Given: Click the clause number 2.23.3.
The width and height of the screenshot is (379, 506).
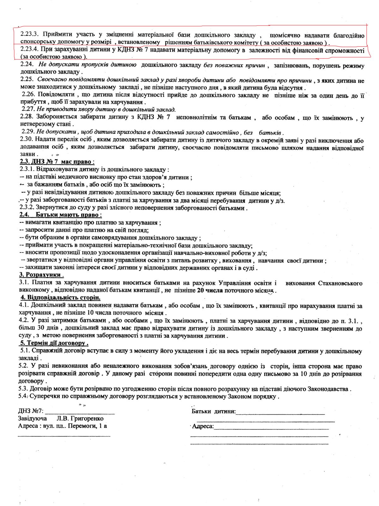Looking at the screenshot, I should pos(29,34).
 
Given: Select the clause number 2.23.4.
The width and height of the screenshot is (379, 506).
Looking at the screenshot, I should pos(29,50).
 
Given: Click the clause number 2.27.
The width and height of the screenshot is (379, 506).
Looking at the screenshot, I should pos(28,109).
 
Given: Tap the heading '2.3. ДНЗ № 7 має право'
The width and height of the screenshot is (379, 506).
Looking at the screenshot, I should pos(57,162).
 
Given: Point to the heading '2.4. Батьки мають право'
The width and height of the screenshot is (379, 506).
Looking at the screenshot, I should pos(60,215).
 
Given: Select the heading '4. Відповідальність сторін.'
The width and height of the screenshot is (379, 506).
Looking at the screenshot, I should pos(60,297).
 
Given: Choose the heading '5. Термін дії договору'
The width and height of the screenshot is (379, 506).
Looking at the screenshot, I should pos(54,343).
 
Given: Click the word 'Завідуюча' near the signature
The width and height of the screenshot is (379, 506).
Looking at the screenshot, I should pos(33,418).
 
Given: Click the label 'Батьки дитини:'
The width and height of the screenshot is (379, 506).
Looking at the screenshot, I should pos(214,411).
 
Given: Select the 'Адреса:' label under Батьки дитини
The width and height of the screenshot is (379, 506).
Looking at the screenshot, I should pos(203,426).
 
